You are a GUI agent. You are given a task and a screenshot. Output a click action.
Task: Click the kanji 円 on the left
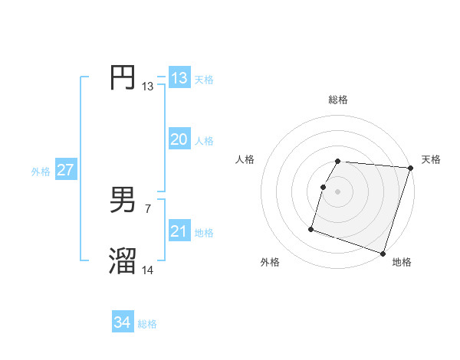click(x=123, y=77)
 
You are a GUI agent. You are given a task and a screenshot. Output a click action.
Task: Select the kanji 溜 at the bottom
click(x=123, y=261)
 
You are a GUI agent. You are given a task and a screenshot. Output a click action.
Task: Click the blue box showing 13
click(x=179, y=78)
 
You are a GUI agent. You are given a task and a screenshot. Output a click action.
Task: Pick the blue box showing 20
click(x=179, y=139)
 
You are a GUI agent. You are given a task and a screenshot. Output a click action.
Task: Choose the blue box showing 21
click(x=179, y=231)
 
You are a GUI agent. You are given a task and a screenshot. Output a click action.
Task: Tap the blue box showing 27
click(x=66, y=170)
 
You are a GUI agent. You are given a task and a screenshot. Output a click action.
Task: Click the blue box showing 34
click(x=123, y=322)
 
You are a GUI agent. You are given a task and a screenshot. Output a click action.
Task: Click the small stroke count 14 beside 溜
click(x=148, y=270)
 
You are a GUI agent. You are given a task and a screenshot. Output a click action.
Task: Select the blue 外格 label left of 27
click(x=41, y=172)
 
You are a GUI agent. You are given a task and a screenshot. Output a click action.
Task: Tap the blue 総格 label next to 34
click(x=147, y=324)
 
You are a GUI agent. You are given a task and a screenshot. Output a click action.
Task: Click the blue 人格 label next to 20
click(x=204, y=141)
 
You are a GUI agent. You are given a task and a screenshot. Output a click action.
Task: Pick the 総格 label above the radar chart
click(x=338, y=100)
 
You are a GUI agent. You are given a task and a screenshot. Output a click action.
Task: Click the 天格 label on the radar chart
click(x=431, y=159)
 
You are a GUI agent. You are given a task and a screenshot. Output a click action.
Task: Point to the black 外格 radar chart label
click(x=270, y=262)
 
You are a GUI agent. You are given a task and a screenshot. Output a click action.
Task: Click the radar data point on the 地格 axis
click(x=383, y=254)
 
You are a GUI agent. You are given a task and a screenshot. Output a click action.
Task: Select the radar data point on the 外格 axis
click(x=311, y=228)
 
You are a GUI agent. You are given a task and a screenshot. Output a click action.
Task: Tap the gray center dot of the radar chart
click(x=338, y=191)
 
